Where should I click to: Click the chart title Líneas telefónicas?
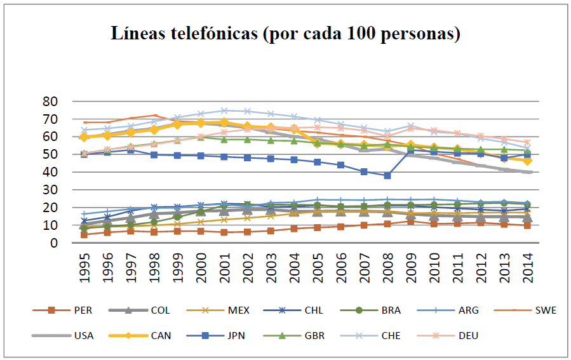tap(286, 33)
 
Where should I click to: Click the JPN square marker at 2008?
tap(387, 175)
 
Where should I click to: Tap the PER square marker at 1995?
tap(84, 234)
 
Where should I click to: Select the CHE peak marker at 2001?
tap(224, 110)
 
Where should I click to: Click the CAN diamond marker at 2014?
tap(527, 161)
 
